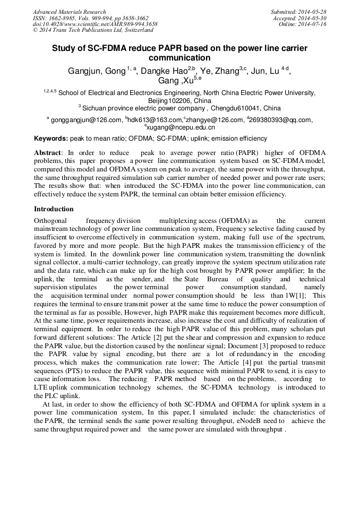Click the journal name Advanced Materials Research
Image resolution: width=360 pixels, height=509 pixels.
tap(69, 12)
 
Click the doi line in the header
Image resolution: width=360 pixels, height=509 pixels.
tap(95, 24)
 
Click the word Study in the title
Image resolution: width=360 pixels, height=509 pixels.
tap(63, 48)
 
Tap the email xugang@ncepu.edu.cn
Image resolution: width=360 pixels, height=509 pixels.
tap(181, 127)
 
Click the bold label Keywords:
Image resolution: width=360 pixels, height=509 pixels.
tap(51, 139)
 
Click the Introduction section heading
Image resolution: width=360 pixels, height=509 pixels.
tap(54, 209)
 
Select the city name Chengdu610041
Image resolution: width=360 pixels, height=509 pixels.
tap(237, 107)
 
